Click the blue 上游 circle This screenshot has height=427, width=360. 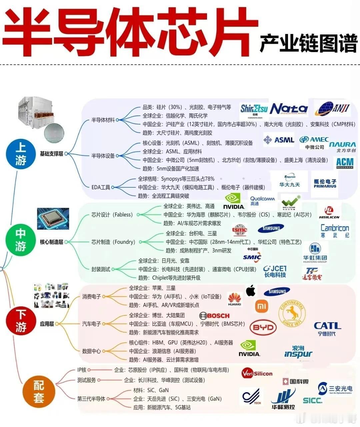point(21,154)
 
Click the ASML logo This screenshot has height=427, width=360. point(279,140)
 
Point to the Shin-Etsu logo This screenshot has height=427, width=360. point(254,110)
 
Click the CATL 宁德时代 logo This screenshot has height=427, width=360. point(327,328)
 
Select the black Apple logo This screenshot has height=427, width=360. point(251,290)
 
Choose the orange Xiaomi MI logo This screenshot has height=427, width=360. point(262,306)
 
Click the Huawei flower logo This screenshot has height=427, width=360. point(235,298)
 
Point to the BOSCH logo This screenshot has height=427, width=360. point(214,315)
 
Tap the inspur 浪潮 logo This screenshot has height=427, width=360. point(298,352)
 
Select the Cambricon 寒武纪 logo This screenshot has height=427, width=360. point(334,230)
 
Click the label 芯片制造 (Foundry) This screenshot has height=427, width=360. point(113,242)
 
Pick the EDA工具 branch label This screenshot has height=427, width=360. point(101,187)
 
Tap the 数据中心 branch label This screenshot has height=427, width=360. point(91,351)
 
